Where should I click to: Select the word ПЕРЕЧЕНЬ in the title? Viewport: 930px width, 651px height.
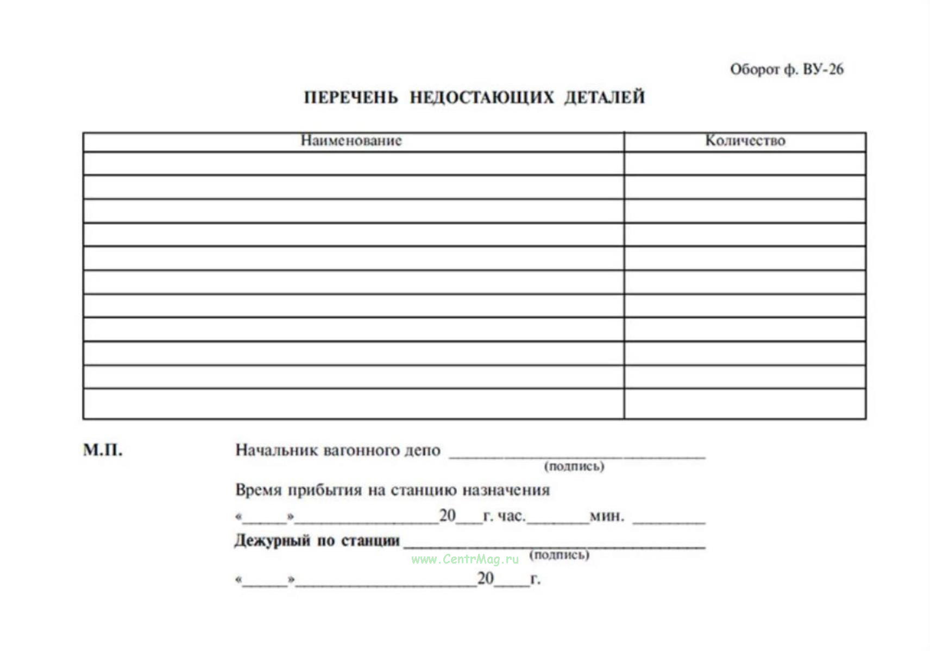click(x=351, y=98)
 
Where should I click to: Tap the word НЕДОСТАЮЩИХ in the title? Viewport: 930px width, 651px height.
click(x=482, y=98)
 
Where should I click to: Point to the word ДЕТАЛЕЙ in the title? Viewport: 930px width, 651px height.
click(x=604, y=98)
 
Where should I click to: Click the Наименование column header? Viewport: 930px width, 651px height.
click(x=351, y=141)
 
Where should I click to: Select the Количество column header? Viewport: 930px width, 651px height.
click(x=745, y=141)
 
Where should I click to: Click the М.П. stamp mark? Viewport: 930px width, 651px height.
click(x=103, y=450)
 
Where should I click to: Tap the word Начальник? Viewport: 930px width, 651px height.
click(x=276, y=450)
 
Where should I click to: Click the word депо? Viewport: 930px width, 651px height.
click(x=422, y=450)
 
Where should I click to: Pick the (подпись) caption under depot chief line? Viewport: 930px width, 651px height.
click(x=574, y=466)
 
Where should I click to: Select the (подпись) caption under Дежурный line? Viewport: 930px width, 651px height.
click(x=560, y=555)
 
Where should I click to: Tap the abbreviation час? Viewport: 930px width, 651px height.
click(x=511, y=516)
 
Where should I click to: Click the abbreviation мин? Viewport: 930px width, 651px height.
click(x=607, y=516)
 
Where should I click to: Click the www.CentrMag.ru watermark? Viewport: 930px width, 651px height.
click(x=465, y=559)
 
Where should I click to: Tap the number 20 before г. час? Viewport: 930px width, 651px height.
click(x=447, y=515)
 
